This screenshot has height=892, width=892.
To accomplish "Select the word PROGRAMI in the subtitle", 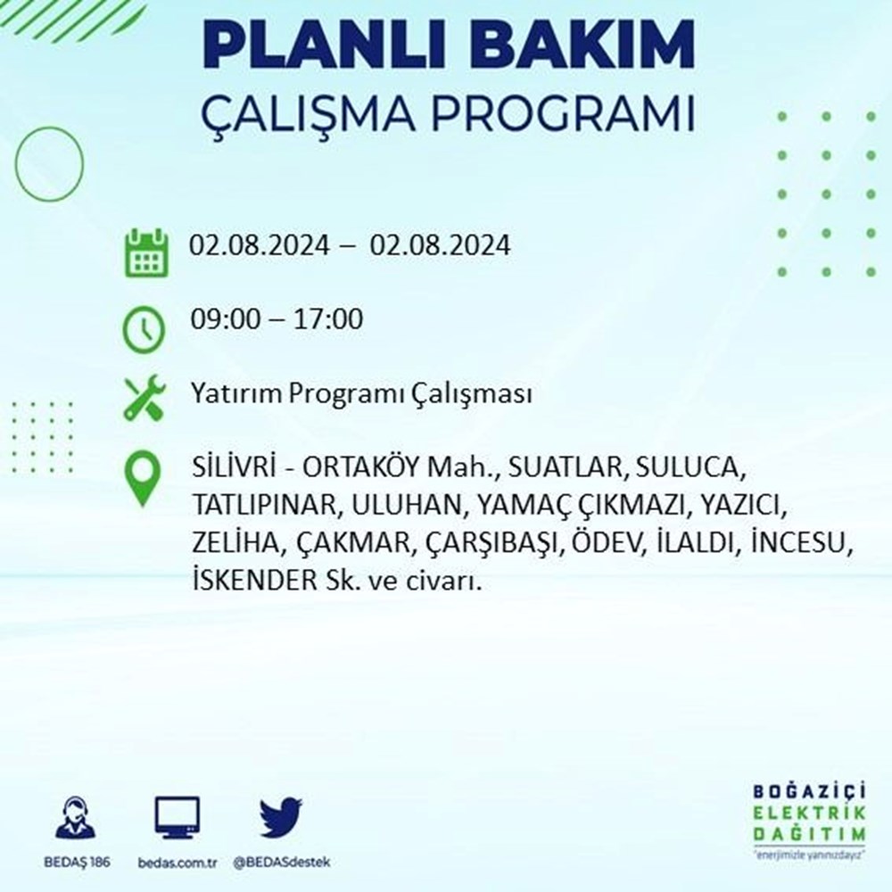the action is pos(563,113).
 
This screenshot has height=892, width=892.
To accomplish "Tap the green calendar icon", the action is pos(146,252).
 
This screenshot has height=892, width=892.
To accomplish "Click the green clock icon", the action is pos(144,329).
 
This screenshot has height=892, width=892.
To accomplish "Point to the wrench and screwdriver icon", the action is pos(145,398).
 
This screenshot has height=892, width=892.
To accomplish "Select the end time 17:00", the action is pos(327,319).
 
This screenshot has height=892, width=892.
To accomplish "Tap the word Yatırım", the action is pos(235,393).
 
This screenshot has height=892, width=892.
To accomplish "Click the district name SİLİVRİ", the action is pos(234,467).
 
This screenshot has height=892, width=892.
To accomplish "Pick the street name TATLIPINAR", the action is pos(266,505).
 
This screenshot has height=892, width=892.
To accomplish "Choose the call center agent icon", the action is pos(76,818).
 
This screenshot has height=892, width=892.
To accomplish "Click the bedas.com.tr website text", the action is pos(178,863).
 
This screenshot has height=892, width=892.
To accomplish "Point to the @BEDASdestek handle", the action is pos(282,863).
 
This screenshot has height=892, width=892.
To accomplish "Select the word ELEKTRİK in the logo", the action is pos(809,813).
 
